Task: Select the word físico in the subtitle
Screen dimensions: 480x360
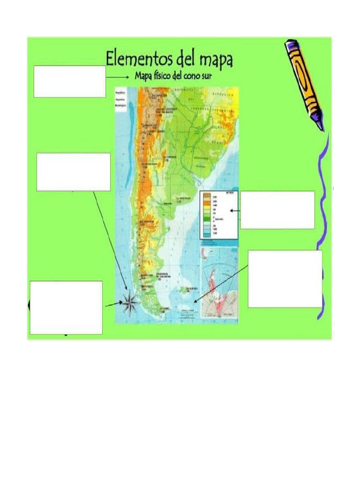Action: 162,77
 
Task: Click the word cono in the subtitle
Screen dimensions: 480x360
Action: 189,77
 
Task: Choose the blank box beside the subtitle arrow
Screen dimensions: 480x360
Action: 69,82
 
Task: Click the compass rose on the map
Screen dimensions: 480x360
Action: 130,303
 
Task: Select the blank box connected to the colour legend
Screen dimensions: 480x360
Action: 277,210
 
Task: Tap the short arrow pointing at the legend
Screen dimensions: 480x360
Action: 235,211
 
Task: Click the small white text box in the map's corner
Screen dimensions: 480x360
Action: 122,100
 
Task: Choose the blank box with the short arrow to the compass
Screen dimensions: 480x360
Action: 66,307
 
